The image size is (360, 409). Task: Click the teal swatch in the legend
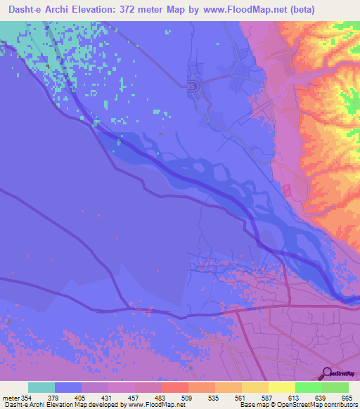tap(41, 387)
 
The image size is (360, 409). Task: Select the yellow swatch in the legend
tap(281, 387)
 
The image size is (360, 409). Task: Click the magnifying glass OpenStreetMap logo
tap(328, 372)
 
